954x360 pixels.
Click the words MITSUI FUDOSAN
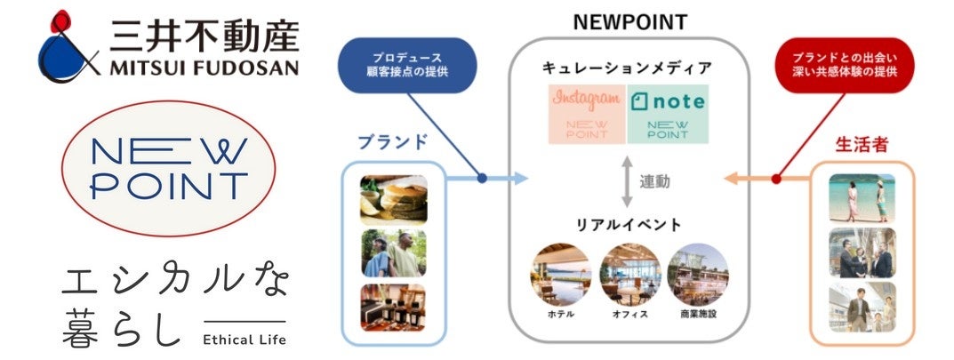click(204, 67)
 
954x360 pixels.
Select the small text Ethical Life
click(245, 339)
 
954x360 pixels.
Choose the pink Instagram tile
click(585, 114)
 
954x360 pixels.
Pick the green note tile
click(668, 114)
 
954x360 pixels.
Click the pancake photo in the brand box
click(393, 196)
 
